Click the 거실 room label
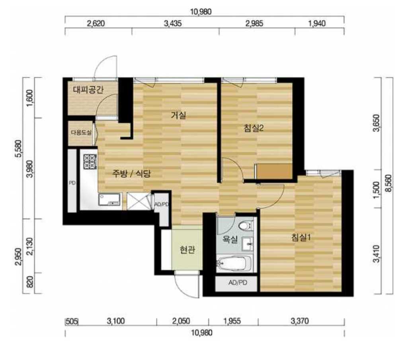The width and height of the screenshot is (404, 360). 178,115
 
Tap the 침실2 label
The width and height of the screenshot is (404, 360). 254,128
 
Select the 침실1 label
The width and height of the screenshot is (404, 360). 301,237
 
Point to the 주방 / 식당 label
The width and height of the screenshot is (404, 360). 131,173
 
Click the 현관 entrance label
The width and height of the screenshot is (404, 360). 187,249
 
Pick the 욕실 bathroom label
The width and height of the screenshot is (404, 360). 230,239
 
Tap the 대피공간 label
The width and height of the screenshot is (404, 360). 88,90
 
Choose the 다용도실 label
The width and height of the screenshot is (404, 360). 81,133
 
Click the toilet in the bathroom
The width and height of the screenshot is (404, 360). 245,226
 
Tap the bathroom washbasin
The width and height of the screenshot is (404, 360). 248,243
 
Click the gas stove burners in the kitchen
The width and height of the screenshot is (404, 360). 90,162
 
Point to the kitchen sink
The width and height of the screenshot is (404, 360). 109,200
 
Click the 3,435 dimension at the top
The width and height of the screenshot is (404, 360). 173,24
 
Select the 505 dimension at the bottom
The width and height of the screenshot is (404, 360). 72,321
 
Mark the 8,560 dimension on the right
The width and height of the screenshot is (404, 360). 388,183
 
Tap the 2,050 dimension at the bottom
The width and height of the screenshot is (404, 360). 181,321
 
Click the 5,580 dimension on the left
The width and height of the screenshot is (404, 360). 18,149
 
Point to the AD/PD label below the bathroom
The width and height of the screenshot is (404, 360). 238,282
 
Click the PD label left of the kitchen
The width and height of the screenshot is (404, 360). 72,183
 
